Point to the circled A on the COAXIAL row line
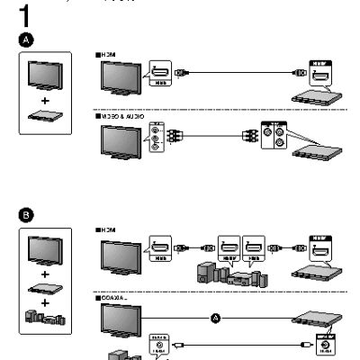[x=214, y=316]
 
